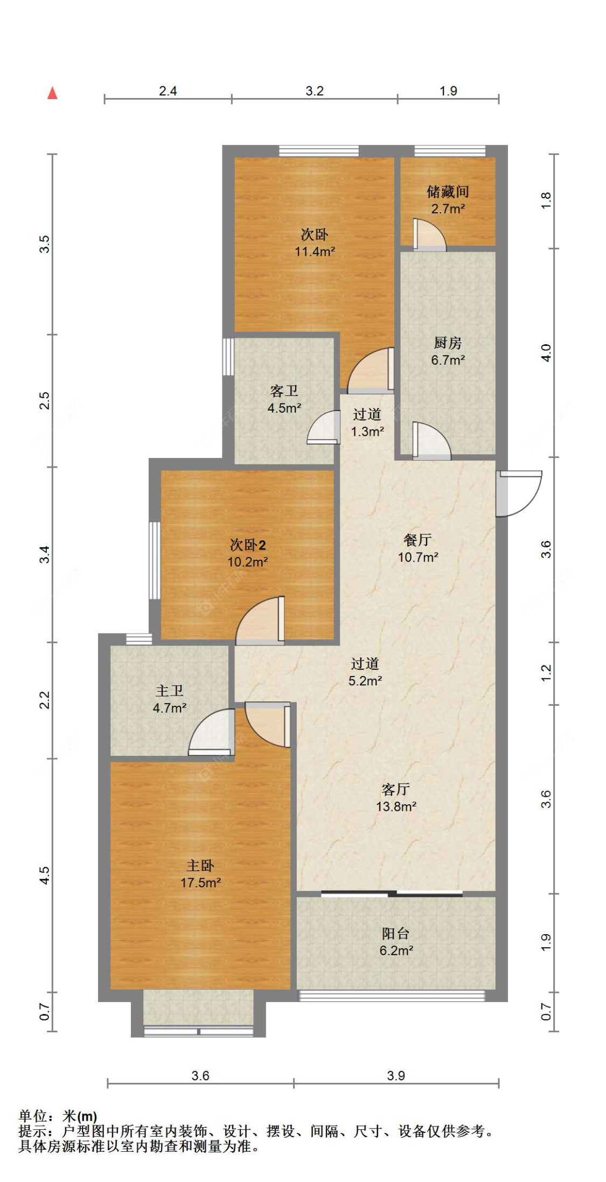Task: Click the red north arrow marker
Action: (52, 93)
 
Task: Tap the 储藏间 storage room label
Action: (448, 192)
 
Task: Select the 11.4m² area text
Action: (315, 252)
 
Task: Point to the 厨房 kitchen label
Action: (448, 343)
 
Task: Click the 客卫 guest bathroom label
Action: (284, 391)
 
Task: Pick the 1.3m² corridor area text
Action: (367, 432)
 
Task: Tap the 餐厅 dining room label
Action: (417, 540)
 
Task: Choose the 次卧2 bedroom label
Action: (248, 545)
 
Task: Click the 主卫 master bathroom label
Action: (170, 691)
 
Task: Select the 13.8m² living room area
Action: (396, 806)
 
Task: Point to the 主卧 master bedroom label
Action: (200, 866)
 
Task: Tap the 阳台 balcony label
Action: (396, 934)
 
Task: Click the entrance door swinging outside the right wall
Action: (518, 493)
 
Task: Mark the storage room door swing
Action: (429, 235)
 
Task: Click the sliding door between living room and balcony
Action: (392, 894)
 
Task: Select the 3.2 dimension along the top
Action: (315, 91)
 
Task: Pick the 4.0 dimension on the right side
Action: (546, 353)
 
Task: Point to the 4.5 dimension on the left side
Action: (45, 875)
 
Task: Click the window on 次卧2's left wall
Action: (155, 560)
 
